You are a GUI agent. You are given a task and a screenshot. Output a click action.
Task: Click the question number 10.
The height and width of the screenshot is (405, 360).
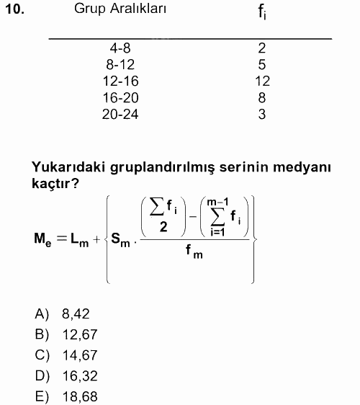click(x=14, y=10)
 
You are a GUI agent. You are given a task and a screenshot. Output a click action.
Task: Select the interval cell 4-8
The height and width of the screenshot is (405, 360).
click(x=120, y=49)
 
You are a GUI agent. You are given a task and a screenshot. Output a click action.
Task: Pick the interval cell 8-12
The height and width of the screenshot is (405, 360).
click(x=120, y=66)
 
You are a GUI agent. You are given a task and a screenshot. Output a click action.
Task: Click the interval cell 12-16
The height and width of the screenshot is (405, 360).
click(x=120, y=81)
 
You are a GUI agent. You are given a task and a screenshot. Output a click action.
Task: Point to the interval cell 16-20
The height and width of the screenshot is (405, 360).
click(x=120, y=98)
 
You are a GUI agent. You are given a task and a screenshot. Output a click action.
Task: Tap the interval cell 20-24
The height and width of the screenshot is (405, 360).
click(x=120, y=114)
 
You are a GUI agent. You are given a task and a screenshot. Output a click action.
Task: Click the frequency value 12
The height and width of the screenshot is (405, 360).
click(x=262, y=81)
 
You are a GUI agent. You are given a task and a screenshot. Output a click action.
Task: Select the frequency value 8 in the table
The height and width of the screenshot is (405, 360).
click(x=262, y=98)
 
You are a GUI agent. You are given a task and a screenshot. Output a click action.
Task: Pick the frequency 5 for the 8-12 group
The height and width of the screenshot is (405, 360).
click(x=262, y=66)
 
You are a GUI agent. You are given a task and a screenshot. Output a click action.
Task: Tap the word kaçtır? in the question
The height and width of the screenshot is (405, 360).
click(x=55, y=185)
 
